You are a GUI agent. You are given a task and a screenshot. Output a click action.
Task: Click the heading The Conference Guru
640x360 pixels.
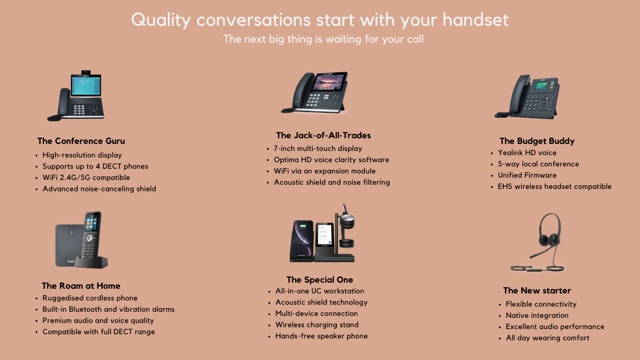click(81, 141)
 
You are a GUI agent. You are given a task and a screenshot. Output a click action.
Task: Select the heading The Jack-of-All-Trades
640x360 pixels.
click(323, 135)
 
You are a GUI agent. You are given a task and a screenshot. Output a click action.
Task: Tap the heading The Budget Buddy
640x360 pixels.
click(537, 141)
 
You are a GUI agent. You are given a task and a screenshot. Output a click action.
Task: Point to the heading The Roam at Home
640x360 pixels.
click(81, 285)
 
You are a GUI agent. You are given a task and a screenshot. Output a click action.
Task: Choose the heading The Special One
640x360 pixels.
click(320, 280)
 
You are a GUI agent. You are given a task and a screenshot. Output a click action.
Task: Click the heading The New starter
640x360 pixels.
click(537, 291)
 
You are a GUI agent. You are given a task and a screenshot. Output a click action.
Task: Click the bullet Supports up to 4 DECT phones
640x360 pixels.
click(95, 166)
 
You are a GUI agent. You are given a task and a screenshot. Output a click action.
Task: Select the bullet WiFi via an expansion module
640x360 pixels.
click(325, 171)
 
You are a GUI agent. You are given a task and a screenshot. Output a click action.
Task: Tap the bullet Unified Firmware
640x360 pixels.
click(527, 175)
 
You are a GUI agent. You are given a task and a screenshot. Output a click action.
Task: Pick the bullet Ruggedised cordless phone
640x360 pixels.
click(89, 298)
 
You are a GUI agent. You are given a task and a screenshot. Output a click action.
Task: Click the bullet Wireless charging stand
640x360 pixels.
click(317, 325)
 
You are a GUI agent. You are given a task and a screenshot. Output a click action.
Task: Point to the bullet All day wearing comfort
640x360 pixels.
click(547, 338)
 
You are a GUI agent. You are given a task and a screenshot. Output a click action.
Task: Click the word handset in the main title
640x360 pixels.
click(476, 20)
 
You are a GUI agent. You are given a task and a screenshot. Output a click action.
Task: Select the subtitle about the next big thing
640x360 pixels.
click(323, 39)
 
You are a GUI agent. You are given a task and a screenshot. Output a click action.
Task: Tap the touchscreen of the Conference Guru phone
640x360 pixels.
click(85, 85)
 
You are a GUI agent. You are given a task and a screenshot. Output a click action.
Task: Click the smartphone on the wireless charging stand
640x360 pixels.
click(302, 239)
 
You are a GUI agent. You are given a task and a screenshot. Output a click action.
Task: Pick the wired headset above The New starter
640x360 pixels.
click(542, 242)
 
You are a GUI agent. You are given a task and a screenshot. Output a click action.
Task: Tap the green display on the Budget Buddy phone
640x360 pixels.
click(542, 86)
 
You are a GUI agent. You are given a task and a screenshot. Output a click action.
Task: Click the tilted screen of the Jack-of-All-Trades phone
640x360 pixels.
click(329, 81)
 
